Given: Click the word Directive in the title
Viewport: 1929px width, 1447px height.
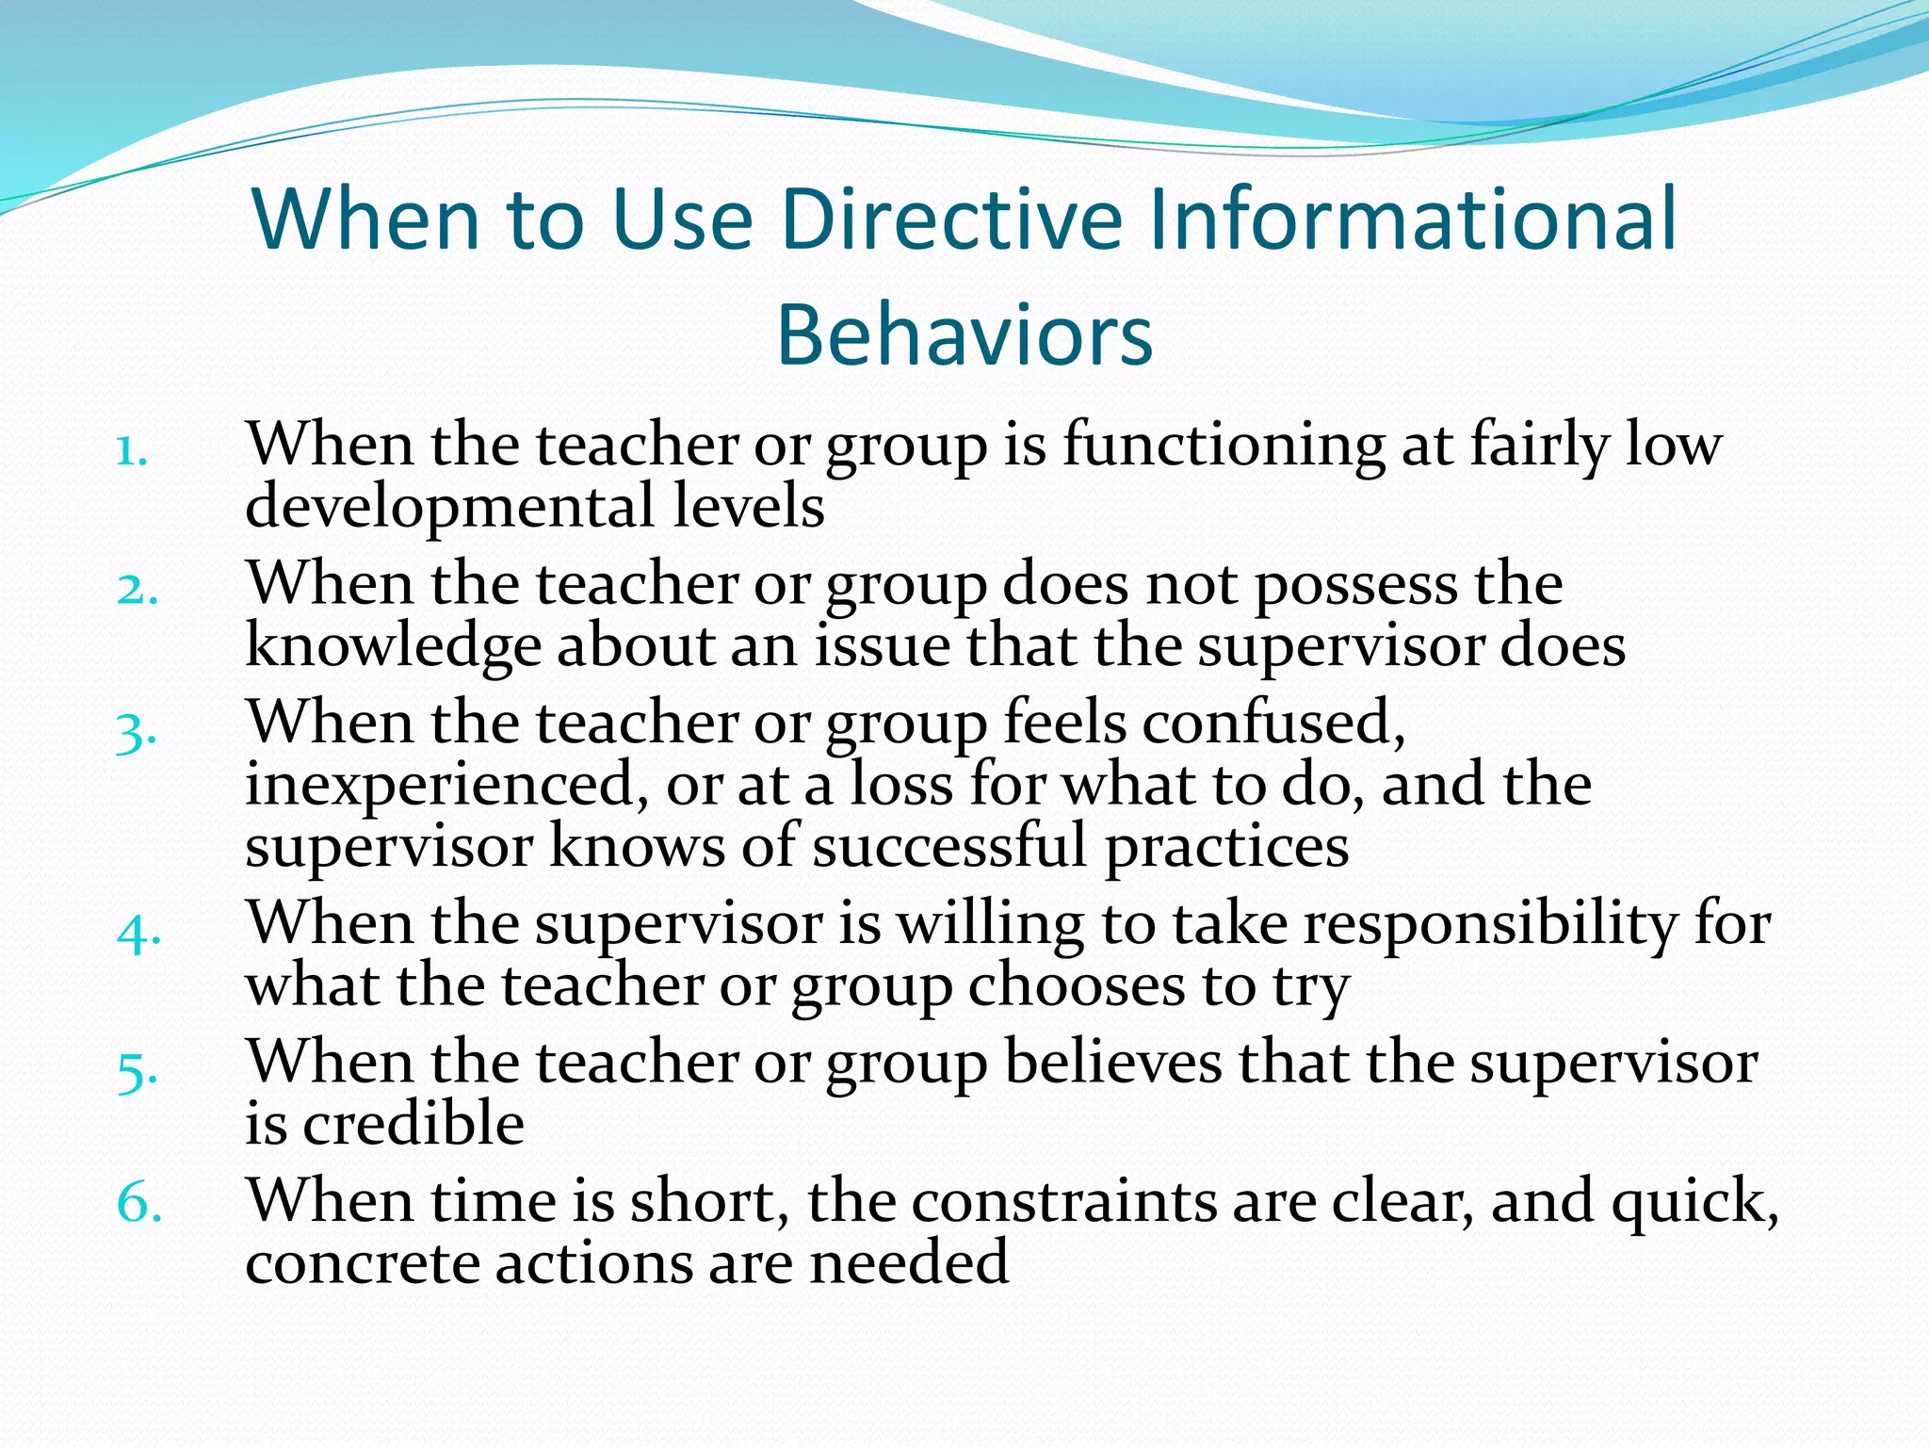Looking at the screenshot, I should pos(952,220).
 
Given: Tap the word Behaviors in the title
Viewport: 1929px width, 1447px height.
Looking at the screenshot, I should pos(964,335).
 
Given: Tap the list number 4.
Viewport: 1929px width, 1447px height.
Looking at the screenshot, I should pos(138,933).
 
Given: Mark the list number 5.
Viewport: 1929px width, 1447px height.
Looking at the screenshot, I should pos(136,1072).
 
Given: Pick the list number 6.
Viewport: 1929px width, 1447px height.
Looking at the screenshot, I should pos(138,1204).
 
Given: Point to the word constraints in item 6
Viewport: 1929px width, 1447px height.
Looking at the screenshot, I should pos(1064,1202).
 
